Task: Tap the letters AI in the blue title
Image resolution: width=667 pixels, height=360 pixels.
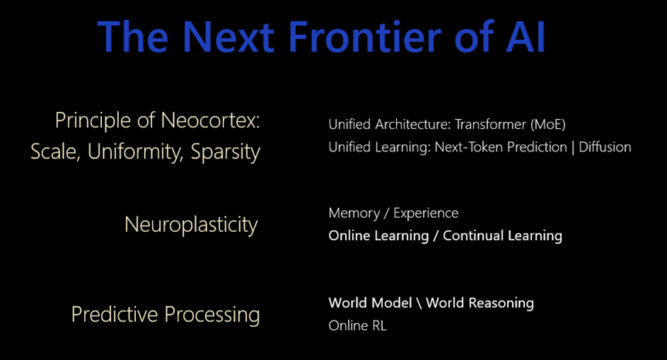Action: (x=526, y=36)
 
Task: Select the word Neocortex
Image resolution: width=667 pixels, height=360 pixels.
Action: (x=210, y=121)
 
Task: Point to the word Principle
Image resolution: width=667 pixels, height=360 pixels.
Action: (x=93, y=121)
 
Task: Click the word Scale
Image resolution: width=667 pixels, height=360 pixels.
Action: (x=56, y=151)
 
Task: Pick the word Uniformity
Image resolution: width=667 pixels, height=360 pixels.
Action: (x=135, y=152)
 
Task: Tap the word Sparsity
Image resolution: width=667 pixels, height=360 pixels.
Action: (x=225, y=152)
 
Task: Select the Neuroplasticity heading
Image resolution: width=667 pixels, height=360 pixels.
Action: (x=191, y=225)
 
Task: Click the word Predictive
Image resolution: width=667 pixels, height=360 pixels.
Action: (x=115, y=314)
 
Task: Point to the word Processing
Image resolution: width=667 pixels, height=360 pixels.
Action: (x=212, y=315)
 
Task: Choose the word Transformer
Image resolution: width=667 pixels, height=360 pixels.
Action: (x=490, y=124)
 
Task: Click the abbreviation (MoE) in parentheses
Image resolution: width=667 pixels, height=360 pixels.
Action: (x=548, y=124)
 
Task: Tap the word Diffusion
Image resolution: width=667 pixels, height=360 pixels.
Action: (x=605, y=148)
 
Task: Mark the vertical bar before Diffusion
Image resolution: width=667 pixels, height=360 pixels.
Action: (x=573, y=148)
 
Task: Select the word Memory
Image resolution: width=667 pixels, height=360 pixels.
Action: (x=354, y=213)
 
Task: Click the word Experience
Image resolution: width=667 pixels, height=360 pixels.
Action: (x=426, y=213)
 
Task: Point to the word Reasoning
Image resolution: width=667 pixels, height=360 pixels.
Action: (x=501, y=304)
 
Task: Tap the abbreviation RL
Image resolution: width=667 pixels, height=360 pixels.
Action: (x=379, y=326)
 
